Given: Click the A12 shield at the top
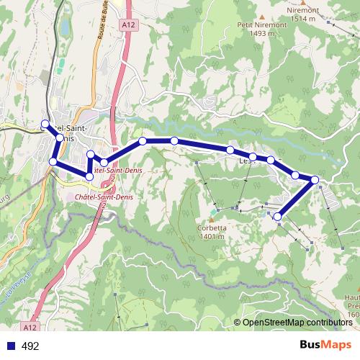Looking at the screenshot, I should (127, 25).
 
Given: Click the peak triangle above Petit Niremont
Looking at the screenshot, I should (263, 14).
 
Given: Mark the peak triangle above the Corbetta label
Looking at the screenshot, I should (215, 211).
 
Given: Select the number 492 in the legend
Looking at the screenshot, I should (30, 346).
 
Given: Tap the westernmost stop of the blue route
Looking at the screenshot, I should (45, 123).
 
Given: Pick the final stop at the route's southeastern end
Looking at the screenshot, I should (278, 215).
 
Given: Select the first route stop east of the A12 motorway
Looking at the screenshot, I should (143, 141).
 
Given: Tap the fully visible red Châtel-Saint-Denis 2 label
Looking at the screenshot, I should (91, 200).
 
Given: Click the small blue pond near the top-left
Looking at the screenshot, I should (66, 27).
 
